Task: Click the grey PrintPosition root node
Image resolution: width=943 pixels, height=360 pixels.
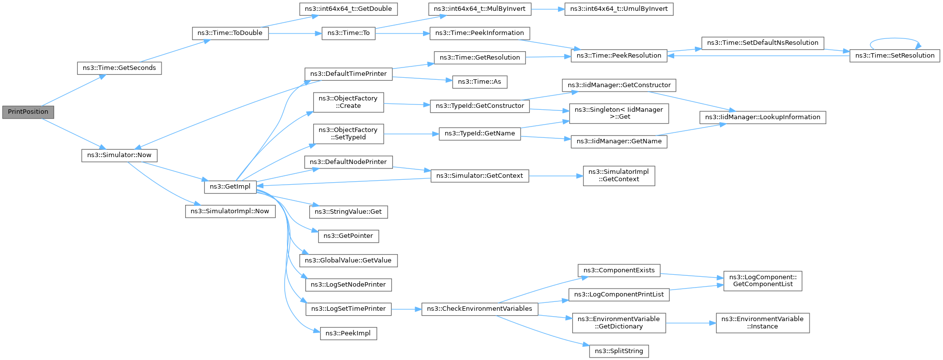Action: point(28,112)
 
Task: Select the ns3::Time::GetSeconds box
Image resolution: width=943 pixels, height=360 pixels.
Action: point(119,68)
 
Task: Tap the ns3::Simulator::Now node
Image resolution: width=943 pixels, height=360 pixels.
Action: point(119,155)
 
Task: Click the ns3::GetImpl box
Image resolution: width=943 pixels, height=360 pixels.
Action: point(230,187)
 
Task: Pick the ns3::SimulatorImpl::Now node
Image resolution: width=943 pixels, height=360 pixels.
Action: point(230,211)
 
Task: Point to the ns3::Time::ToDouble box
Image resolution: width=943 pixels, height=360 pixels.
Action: point(230,33)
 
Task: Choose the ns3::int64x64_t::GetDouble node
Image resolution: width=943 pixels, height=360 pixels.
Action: point(348,9)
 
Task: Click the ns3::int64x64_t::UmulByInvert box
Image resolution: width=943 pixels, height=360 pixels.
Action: point(618,9)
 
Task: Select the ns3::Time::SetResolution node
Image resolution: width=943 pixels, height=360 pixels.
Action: point(894,56)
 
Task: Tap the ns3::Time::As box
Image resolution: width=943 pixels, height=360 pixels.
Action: point(479,82)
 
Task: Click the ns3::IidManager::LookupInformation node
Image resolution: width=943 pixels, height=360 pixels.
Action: point(762,117)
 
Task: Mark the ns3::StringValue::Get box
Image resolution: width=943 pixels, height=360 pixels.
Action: point(348,212)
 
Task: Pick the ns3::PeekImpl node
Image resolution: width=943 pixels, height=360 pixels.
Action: point(348,333)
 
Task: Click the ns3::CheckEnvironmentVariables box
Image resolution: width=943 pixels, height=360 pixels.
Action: point(479,309)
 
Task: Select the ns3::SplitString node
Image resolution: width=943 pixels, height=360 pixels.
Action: point(618,351)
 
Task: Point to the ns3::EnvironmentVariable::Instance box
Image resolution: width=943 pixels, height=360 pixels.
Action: point(762,323)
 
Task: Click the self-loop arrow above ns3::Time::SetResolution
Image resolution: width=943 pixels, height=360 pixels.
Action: point(894,39)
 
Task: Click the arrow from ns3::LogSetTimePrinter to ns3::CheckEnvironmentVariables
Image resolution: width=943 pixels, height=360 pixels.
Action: point(406,309)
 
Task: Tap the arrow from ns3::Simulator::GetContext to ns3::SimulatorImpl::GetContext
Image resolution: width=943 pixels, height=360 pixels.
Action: point(555,176)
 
